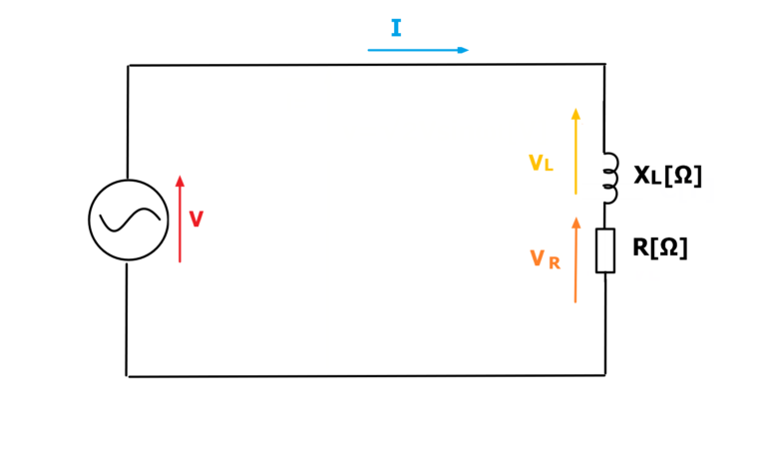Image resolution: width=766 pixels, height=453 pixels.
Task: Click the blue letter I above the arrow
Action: click(396, 28)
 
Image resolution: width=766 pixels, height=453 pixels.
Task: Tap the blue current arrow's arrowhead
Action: click(463, 50)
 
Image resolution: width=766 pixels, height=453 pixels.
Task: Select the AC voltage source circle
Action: click(129, 220)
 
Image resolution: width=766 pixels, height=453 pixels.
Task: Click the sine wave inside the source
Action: click(130, 220)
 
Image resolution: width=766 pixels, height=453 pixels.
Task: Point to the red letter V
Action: click(196, 219)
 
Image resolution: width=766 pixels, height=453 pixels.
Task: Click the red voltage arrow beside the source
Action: click(180, 219)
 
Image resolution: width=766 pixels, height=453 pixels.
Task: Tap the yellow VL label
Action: click(541, 163)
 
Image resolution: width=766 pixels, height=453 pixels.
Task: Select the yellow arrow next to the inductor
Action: click(575, 152)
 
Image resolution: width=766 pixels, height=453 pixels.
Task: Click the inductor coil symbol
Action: click(610, 178)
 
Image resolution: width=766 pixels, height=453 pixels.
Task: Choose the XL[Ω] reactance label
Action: click(668, 176)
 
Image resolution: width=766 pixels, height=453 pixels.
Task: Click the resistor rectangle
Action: click(605, 250)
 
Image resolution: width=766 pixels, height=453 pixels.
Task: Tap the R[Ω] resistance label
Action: click(660, 247)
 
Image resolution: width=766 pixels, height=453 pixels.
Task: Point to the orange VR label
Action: click(545, 259)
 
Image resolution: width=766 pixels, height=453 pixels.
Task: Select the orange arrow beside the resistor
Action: click(575, 260)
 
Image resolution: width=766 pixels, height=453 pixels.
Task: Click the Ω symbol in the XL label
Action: click(683, 175)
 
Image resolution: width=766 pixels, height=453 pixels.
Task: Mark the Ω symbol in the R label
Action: click(669, 247)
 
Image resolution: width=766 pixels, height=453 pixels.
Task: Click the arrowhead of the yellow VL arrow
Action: click(575, 114)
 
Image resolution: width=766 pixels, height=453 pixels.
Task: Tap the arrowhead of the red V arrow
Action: click(180, 181)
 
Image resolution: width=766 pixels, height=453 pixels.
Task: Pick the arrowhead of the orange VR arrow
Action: click(576, 223)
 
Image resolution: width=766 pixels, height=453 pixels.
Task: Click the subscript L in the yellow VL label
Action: click(549, 167)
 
